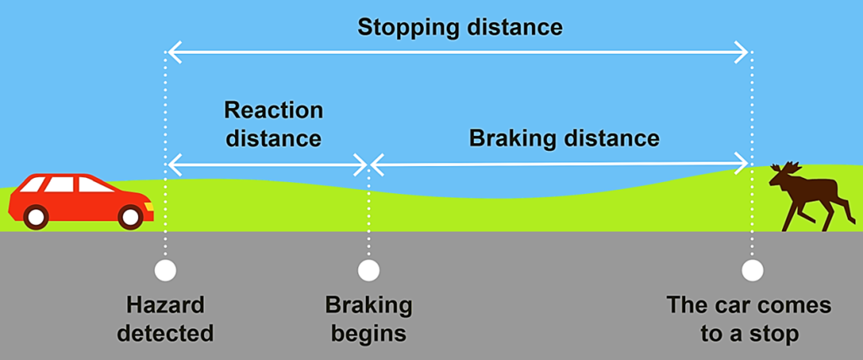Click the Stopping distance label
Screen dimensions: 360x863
coord(459,27)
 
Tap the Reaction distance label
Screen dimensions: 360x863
coord(273,124)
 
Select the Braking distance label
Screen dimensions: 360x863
coord(563,137)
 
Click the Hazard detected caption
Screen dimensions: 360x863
coord(165,318)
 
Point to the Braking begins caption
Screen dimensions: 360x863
coord(368,318)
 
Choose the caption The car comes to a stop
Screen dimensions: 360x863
coord(748,318)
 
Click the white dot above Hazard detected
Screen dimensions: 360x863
coord(165,271)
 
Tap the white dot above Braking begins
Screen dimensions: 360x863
coord(368,271)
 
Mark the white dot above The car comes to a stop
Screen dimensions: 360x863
coord(752,271)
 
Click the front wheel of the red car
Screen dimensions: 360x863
coord(131,217)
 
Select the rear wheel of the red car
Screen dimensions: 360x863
coord(35,217)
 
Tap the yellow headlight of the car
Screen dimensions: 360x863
coord(148,205)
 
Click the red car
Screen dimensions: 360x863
coord(80,200)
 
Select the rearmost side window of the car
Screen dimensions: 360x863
coord(33,184)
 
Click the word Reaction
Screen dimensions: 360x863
coord(273,110)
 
